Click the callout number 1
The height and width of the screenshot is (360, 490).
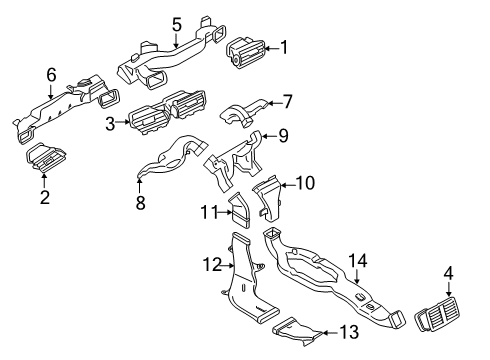coord(284,46)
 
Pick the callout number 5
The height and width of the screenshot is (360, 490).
coord(177,24)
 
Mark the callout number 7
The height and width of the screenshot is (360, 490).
coord(287,100)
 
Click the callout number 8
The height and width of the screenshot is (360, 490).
coord(140,203)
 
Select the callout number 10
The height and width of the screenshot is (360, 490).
coord(306,183)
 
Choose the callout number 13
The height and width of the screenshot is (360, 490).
coord(348,331)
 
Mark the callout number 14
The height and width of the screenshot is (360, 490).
coord(357,262)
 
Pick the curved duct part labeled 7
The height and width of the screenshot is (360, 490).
coord(240,113)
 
